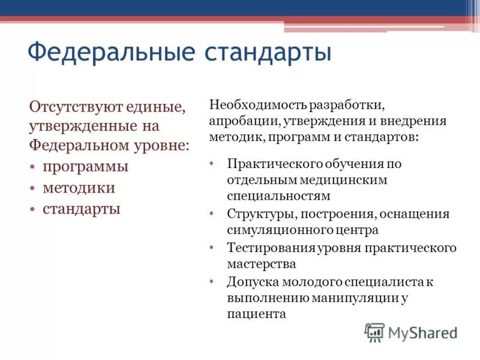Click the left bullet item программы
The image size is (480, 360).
pyautogui.click(x=85, y=166)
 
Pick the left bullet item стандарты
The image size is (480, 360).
pyautogui.click(x=82, y=209)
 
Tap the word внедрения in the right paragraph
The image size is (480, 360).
pyautogui.click(x=419, y=121)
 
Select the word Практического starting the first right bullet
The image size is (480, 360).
pyautogui.click(x=274, y=164)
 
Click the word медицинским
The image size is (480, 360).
pyautogui.click(x=347, y=179)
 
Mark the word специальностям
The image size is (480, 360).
pyautogui.click(x=278, y=196)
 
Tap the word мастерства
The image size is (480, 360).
pyautogui.click(x=261, y=263)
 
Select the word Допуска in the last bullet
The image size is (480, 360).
pyautogui.click(x=249, y=281)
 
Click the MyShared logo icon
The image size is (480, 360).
pyautogui.click(x=374, y=332)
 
